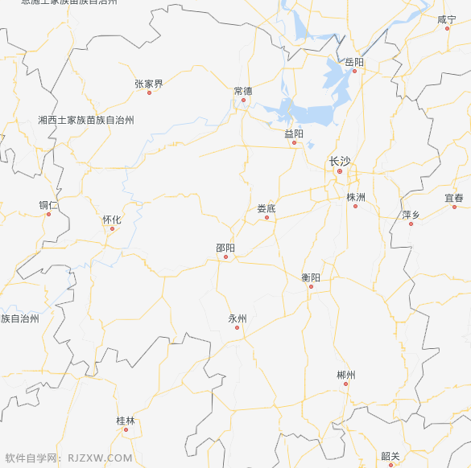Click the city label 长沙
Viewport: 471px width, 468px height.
[x=340, y=162]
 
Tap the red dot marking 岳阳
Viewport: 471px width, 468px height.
[x=353, y=71]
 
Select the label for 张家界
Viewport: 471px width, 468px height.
[x=149, y=84]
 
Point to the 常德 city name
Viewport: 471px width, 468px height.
[x=242, y=91]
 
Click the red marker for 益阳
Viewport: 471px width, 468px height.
[x=295, y=143]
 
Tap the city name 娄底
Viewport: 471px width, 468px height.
[x=266, y=208]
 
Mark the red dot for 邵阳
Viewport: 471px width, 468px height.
[x=226, y=257]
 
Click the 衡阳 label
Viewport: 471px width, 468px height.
[x=311, y=277]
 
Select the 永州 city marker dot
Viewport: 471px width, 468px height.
[x=237, y=327]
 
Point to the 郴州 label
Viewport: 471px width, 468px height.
[x=346, y=375]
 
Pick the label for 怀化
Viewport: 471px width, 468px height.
[x=112, y=220]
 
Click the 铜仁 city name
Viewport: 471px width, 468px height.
[x=48, y=205]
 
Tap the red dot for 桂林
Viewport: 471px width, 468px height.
[x=126, y=430]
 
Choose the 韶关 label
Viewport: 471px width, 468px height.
[x=390, y=456]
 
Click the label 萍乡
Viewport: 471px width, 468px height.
[x=411, y=215]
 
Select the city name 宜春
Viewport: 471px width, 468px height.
[x=454, y=198]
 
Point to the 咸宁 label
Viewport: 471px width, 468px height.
[x=447, y=19]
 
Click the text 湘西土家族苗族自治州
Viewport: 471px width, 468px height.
[x=86, y=120]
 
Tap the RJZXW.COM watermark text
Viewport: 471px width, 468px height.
[x=100, y=458]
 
